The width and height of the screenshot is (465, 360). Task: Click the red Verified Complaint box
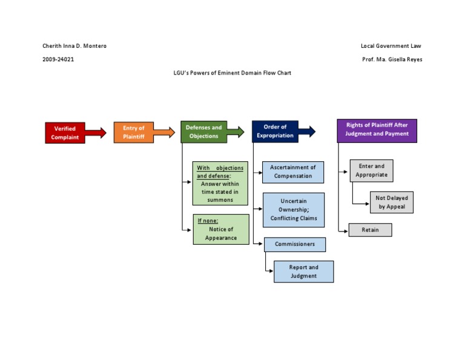65,133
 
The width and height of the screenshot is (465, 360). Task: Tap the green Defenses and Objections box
203,132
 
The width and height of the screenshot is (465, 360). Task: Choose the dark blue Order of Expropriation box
275,132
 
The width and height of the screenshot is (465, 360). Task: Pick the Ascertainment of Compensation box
293,172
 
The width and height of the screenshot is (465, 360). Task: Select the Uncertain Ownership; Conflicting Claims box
294,210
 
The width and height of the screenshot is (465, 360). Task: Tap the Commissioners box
295,244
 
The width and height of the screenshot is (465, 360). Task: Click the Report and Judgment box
303,272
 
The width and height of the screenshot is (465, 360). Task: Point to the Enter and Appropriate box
371,170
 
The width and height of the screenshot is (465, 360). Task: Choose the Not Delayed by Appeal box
392,202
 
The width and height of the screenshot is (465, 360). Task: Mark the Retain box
370,230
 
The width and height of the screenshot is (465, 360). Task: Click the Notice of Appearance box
221,230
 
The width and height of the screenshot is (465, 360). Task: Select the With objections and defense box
220,184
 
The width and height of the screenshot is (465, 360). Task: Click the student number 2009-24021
59,59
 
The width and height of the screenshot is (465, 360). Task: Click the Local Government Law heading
391,46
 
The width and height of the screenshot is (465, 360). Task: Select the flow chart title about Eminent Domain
232,73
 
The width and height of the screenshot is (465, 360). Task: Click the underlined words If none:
208,221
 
